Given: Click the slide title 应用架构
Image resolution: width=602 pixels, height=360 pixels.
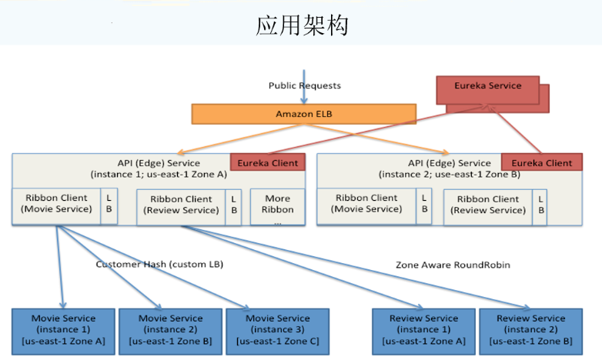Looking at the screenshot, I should pos(302,25).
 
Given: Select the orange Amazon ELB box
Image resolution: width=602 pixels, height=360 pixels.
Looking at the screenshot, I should pos(304,114).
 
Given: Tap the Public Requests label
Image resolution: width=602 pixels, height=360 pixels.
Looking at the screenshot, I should pos(305,85).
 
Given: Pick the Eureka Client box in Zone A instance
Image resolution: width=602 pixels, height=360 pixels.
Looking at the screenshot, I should pos(268,162).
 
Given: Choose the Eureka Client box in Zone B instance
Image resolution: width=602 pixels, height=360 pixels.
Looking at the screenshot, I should pos(542,162).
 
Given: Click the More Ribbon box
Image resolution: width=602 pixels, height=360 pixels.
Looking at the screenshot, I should pos(277,204).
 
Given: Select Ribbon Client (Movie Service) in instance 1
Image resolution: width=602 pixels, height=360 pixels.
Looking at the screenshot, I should pos(56,204).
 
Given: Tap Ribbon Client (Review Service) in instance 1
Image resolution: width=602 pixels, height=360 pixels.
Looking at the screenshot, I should pos(180,205).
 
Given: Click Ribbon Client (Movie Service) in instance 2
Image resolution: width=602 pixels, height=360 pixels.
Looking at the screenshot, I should pos(366,203).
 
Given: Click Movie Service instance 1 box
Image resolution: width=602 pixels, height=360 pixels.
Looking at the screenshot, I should pos(63,329).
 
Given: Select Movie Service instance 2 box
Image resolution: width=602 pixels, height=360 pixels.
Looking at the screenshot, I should pos(170,329).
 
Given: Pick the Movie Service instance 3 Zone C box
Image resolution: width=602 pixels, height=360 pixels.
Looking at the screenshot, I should pos(277,329).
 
